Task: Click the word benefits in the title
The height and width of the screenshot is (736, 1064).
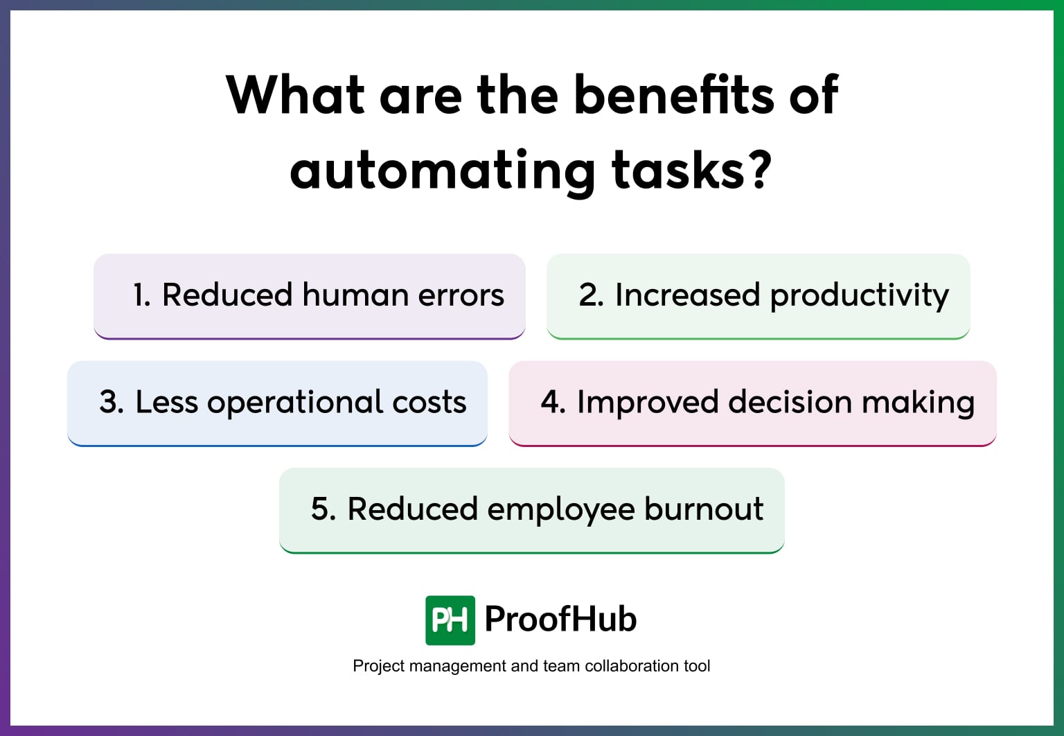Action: coord(675,95)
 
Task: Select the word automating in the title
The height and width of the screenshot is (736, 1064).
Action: coord(442,172)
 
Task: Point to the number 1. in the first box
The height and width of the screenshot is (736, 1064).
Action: coord(141,295)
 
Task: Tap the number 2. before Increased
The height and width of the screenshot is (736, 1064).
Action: coord(591,295)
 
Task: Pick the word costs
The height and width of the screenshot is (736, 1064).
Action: coord(429,403)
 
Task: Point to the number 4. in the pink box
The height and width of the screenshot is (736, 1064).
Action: coord(553,403)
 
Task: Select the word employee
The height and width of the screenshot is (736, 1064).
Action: coord(560,510)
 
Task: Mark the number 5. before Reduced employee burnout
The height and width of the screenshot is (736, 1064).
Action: coord(323,509)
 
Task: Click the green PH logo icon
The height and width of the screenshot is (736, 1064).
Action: coord(450,620)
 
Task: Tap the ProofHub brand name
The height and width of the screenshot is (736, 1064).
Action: coord(560,619)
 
